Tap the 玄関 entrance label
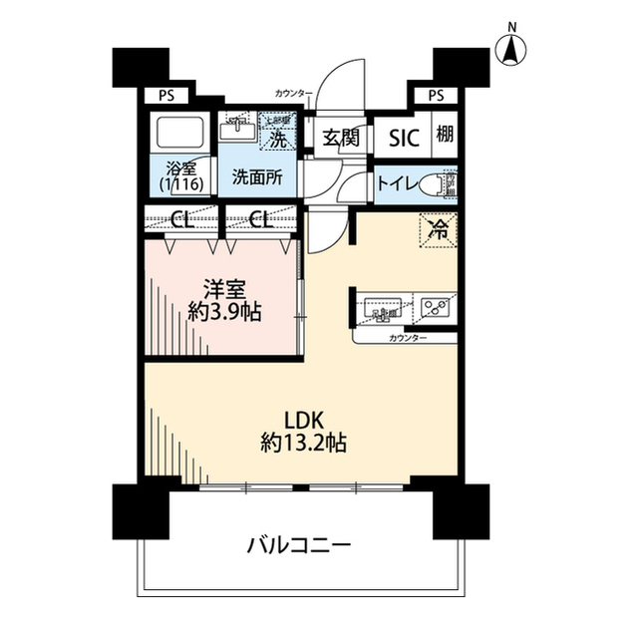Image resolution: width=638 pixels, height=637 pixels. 340,138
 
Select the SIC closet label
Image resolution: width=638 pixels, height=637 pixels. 404,138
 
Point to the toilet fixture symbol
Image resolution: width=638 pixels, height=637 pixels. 436,184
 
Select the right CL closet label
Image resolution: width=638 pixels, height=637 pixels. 260,219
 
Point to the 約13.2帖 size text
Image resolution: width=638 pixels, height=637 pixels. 304,443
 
